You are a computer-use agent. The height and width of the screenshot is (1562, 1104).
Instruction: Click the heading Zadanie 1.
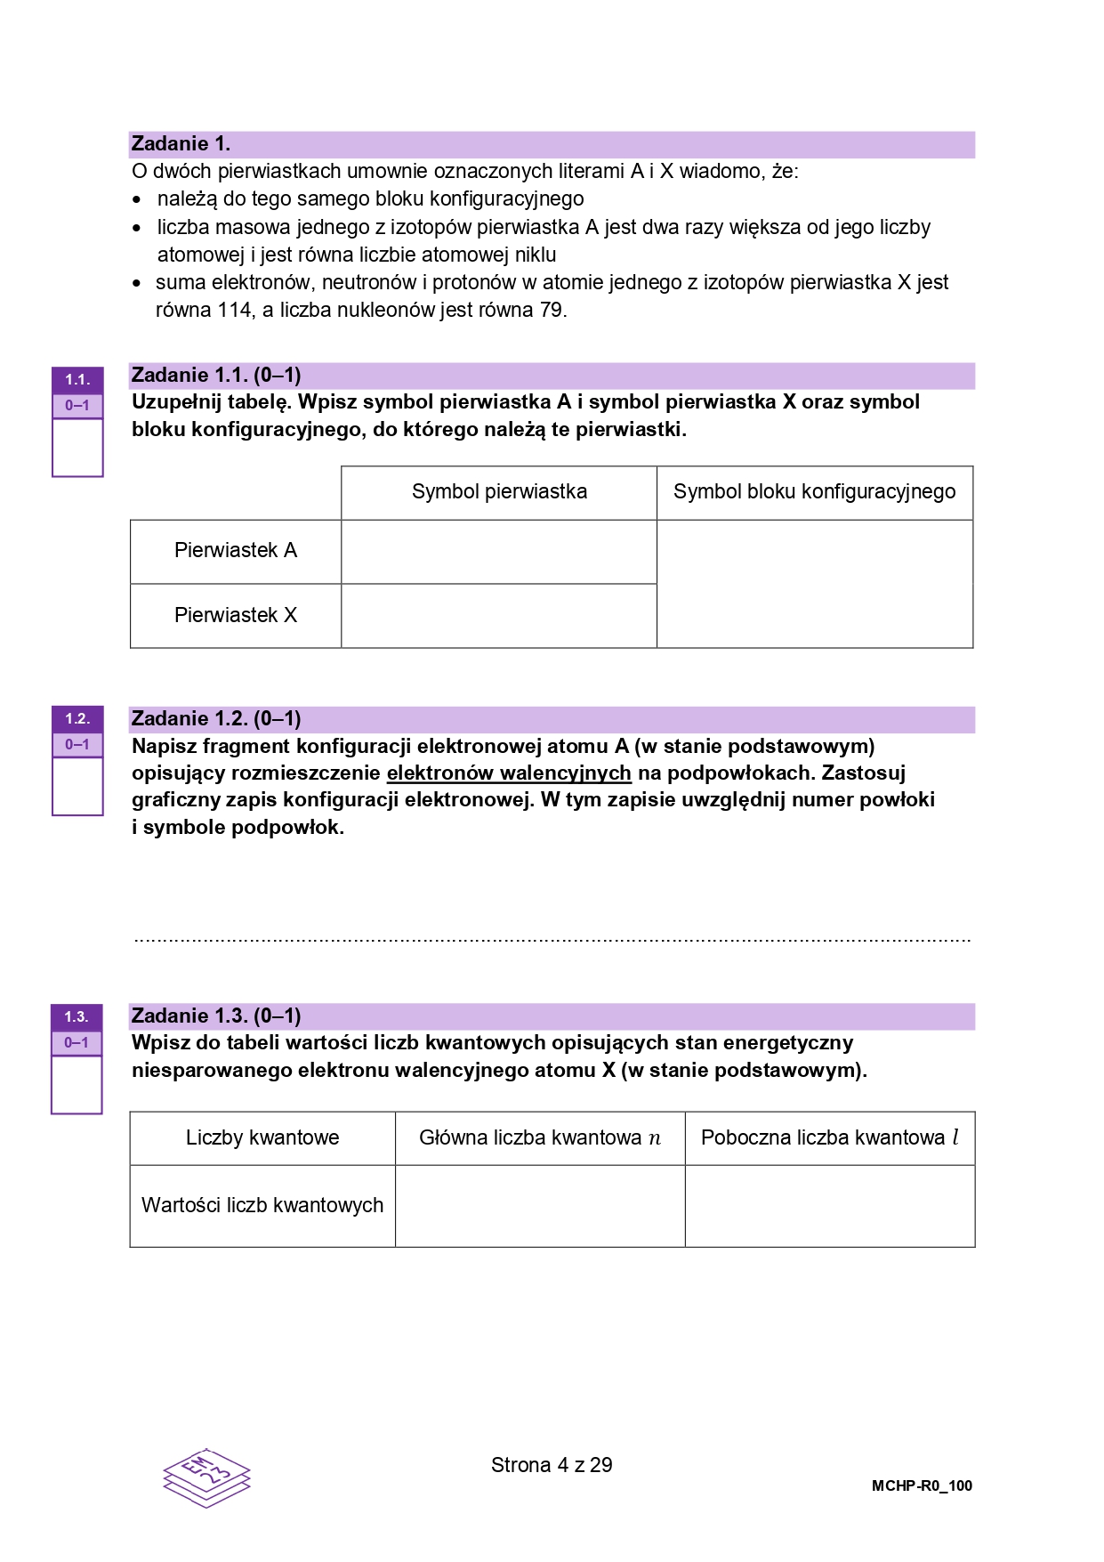click(x=181, y=144)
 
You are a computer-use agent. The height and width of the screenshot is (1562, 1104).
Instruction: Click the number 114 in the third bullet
click(x=235, y=311)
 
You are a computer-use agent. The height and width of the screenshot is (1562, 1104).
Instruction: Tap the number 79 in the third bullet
click(x=552, y=311)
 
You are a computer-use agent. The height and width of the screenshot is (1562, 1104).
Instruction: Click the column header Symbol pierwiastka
click(x=499, y=492)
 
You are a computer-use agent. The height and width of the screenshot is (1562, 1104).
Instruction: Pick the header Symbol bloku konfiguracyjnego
click(x=814, y=492)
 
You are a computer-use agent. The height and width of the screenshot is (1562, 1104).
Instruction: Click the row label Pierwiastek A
click(x=236, y=551)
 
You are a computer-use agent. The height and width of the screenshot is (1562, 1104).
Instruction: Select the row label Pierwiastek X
click(x=236, y=616)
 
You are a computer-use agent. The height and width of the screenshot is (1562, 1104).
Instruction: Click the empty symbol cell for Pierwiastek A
click(x=499, y=552)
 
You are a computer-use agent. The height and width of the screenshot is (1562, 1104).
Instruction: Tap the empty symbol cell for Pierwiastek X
click(x=499, y=616)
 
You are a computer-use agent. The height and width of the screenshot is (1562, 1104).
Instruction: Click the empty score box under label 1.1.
click(x=77, y=448)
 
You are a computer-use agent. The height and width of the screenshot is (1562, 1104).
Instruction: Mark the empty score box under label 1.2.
click(x=77, y=786)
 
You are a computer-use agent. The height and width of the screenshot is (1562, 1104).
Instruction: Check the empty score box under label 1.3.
click(x=77, y=1084)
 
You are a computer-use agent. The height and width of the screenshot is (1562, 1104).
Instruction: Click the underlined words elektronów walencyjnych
click(x=509, y=773)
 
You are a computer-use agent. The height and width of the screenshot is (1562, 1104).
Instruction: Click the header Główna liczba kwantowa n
click(x=540, y=1138)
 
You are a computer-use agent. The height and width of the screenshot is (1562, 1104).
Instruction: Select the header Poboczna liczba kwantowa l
click(x=830, y=1138)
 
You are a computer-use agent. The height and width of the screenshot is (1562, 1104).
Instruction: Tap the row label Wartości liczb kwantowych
click(x=262, y=1206)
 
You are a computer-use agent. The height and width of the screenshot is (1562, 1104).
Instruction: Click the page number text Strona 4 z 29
click(x=552, y=1465)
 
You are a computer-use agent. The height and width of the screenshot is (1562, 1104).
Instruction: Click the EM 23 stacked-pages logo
click(x=206, y=1478)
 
